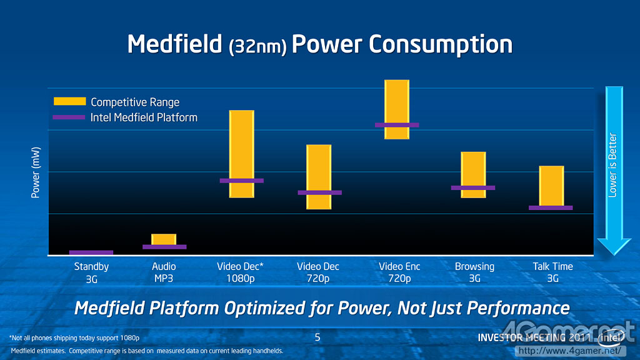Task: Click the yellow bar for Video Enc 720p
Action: [397, 100]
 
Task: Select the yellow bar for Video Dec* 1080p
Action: [242, 144]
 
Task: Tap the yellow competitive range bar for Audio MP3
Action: [164, 239]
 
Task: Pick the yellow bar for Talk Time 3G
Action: [552, 184]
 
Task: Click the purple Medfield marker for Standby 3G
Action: [91, 252]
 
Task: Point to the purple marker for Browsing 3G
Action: [473, 187]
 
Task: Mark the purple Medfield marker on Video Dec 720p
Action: [319, 192]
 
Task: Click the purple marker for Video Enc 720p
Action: [397, 125]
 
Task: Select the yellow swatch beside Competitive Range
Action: [69, 102]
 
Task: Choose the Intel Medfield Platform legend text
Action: [144, 117]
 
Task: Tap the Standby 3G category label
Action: [91, 272]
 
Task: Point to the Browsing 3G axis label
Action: [474, 272]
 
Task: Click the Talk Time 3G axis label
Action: [552, 272]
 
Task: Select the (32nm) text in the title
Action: [258, 47]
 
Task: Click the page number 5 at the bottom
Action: [317, 337]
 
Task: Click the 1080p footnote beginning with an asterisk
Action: [74, 338]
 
